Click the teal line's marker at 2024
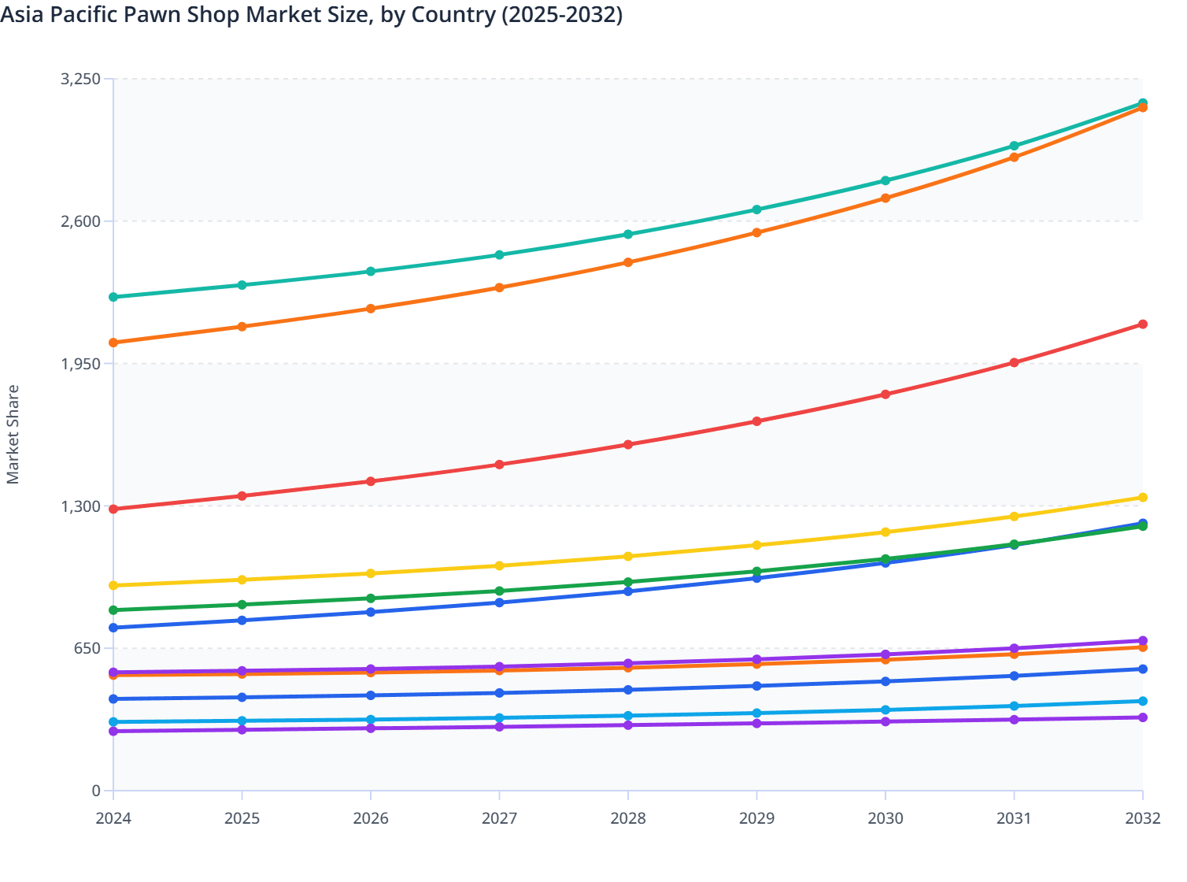pyautogui.click(x=113, y=297)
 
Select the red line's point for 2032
pyautogui.click(x=1143, y=324)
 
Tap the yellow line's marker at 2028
pyautogui.click(x=628, y=557)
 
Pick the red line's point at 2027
pyautogui.click(x=500, y=465)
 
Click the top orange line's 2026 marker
pyautogui.click(x=371, y=309)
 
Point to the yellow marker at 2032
pyautogui.click(x=1143, y=498)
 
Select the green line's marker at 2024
pyautogui.click(x=113, y=610)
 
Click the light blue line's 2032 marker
pyautogui.click(x=1143, y=702)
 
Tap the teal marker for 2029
pyautogui.click(x=757, y=209)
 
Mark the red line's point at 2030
pyautogui.click(x=886, y=395)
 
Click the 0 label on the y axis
pyautogui.click(x=96, y=791)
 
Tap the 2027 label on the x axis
pyautogui.click(x=500, y=818)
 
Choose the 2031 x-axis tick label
pyautogui.click(x=1014, y=818)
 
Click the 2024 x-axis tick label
pyautogui.click(x=113, y=818)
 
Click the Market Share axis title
pyautogui.click(x=13, y=435)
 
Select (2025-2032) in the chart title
pyautogui.click(x=562, y=14)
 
